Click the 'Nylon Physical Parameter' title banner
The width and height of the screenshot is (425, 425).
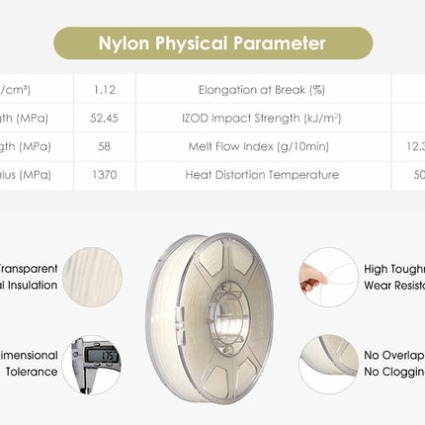[212, 43]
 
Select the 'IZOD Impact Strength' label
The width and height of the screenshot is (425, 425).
[262, 119]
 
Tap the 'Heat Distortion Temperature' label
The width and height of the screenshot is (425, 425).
[262, 175]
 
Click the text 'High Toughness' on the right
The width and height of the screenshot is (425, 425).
[394, 268]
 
